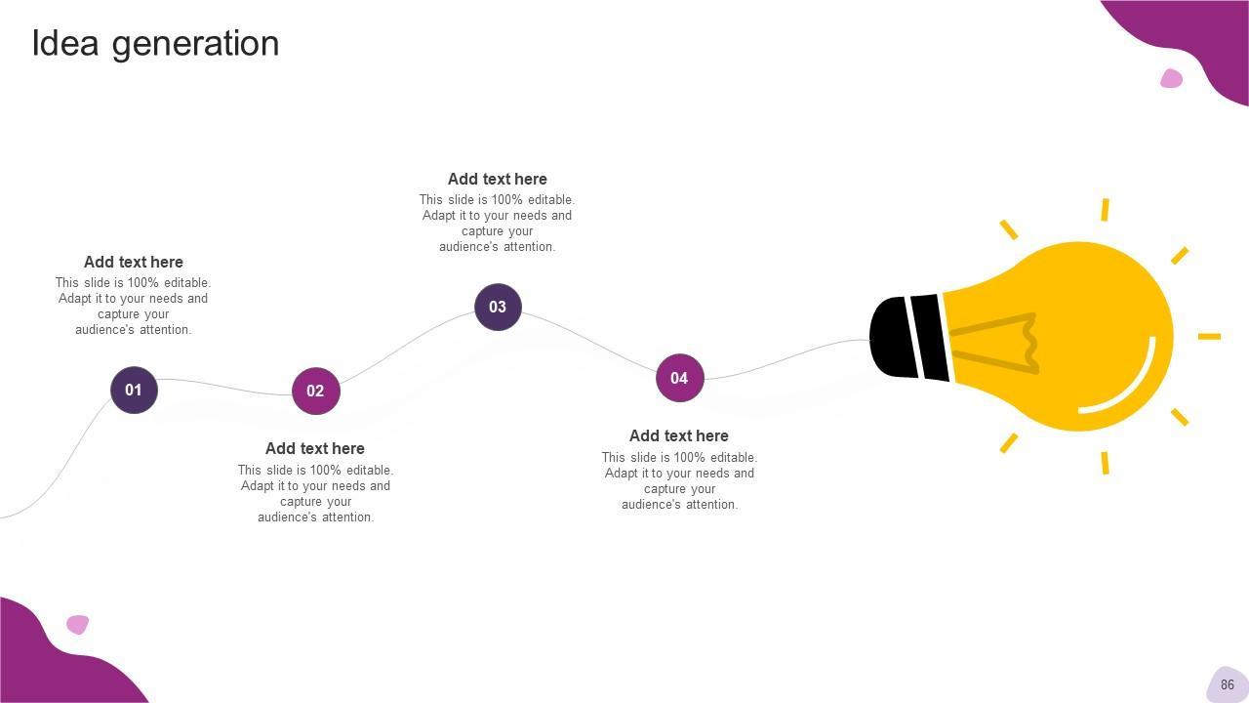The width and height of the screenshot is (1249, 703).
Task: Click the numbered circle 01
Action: [x=134, y=390]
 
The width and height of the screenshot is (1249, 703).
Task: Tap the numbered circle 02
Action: [x=315, y=391]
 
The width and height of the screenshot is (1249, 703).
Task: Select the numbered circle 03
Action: [x=498, y=307]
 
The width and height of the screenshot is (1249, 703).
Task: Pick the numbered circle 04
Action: [x=679, y=378]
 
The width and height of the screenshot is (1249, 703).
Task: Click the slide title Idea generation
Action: [x=155, y=43]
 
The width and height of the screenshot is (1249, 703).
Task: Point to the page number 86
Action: [x=1228, y=684]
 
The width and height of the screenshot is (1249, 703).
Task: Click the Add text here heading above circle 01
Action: [x=134, y=262]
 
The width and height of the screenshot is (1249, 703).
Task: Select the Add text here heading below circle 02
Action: [x=315, y=448]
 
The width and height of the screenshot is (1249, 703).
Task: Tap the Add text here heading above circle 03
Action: [x=498, y=179]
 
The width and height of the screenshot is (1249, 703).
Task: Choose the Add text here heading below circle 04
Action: [x=679, y=435]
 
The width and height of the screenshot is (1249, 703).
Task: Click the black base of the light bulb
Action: [x=907, y=337]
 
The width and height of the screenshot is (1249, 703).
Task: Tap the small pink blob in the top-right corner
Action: [x=1171, y=78]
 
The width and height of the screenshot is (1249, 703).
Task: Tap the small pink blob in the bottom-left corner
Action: [x=77, y=624]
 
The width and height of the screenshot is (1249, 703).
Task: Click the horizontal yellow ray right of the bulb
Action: [x=1209, y=336]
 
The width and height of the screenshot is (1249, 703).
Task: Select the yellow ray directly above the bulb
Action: [x=1105, y=209]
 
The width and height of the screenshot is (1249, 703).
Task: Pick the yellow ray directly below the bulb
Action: [x=1105, y=463]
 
